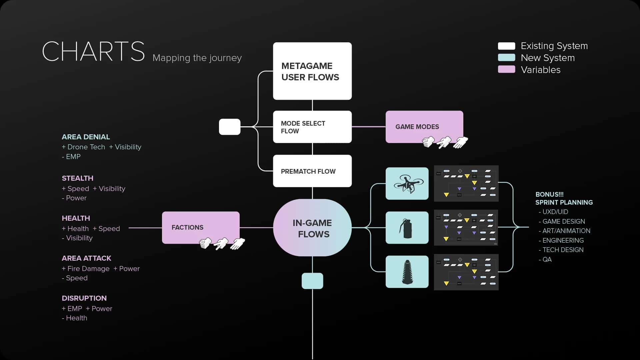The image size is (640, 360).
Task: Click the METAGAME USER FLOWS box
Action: (x=312, y=71)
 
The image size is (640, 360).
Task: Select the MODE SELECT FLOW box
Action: (x=312, y=127)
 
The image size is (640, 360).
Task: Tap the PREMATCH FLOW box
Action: (x=312, y=171)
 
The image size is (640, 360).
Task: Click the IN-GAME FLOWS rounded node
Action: (x=312, y=228)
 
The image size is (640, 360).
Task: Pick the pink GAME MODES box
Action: (x=424, y=127)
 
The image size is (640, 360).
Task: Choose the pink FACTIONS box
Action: (x=200, y=227)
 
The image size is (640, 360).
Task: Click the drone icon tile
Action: (x=407, y=184)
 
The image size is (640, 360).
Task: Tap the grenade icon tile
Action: (x=407, y=228)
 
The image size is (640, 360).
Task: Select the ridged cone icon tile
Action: (x=407, y=272)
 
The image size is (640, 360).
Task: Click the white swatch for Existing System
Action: (x=506, y=46)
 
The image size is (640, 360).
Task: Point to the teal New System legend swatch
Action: (x=506, y=58)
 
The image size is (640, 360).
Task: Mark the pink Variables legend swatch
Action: (x=506, y=69)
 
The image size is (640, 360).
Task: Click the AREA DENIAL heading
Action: (x=86, y=137)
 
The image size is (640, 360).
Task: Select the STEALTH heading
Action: (x=77, y=178)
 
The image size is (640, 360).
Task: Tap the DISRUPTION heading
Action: (x=84, y=298)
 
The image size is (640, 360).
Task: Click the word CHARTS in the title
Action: (x=93, y=51)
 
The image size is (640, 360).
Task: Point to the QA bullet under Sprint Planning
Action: (x=547, y=259)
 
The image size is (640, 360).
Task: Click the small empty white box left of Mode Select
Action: (x=229, y=127)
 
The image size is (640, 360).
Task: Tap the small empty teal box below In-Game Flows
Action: (x=312, y=281)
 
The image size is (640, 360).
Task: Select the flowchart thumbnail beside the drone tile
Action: (x=466, y=184)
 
